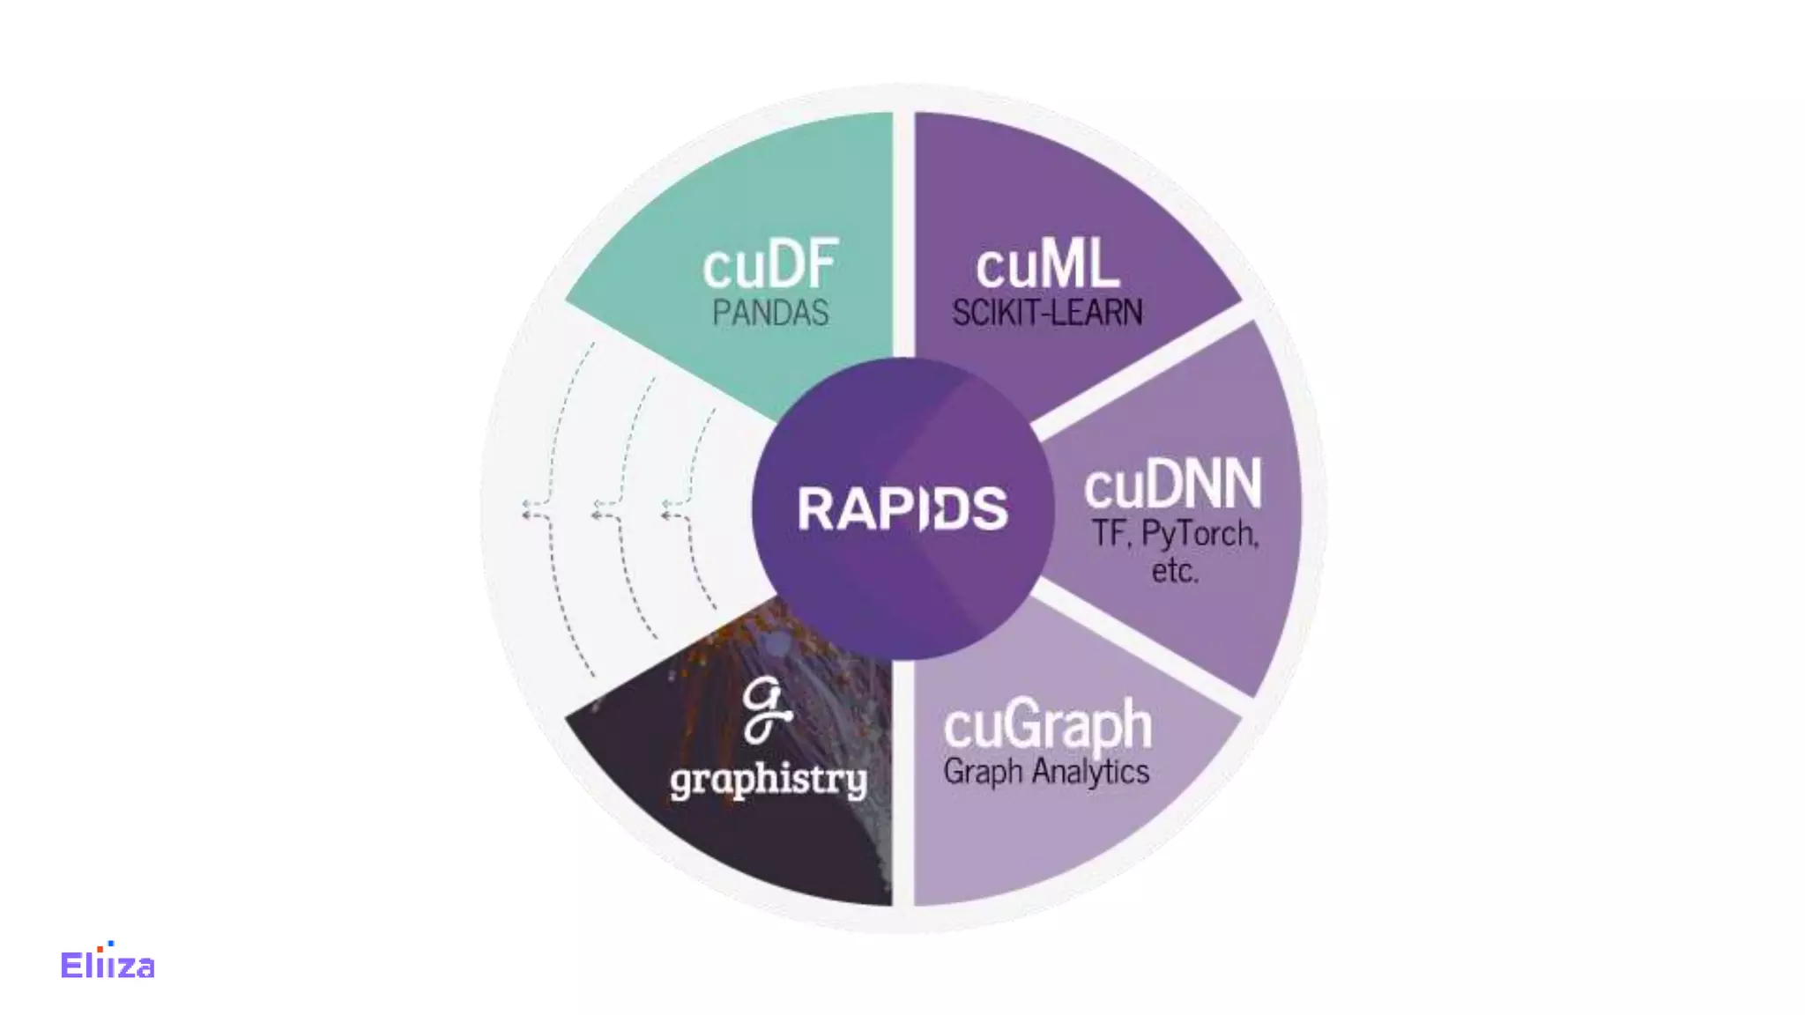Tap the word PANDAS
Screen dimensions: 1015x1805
tap(770, 313)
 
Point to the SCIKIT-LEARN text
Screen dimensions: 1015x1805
tap(1047, 313)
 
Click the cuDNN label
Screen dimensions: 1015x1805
tap(1172, 484)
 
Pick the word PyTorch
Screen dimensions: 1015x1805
tap(1199, 534)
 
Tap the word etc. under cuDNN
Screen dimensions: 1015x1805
tap(1175, 572)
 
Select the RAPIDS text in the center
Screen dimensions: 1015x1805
tap(902, 508)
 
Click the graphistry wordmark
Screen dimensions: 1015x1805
tap(769, 780)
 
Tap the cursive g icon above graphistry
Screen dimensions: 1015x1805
tap(765, 710)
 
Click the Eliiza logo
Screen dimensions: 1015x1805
tap(108, 965)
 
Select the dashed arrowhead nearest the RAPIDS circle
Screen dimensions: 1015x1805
tap(666, 509)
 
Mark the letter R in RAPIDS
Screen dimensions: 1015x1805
tap(815, 508)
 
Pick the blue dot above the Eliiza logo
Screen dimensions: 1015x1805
tap(111, 944)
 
